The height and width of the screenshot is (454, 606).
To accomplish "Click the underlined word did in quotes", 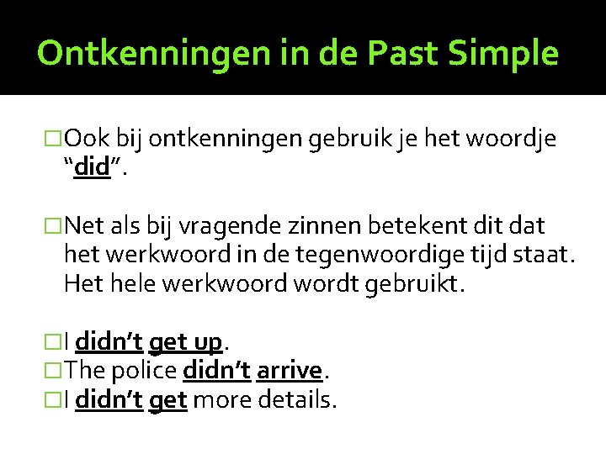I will click(92, 167).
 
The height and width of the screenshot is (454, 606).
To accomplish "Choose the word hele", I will click(130, 283).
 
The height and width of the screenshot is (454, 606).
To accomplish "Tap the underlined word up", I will click(206, 342).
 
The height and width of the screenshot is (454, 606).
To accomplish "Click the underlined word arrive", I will click(290, 371).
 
